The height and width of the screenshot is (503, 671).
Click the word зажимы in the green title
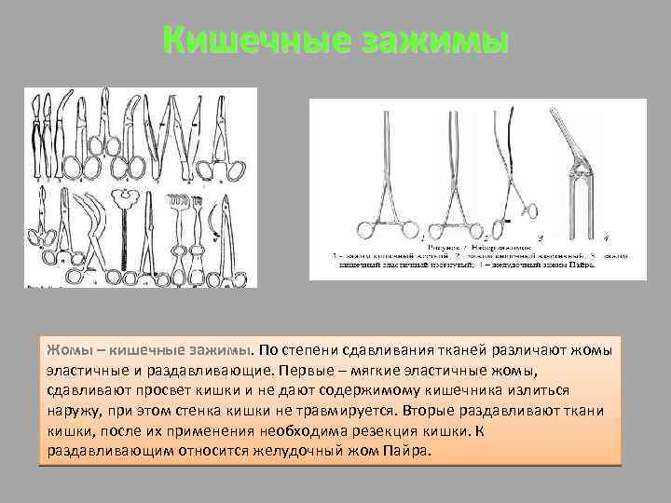coord(432,42)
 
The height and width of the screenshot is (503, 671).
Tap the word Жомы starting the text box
coord(69,350)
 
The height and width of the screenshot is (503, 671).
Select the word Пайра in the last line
coord(410,451)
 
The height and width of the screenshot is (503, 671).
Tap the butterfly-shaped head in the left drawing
coord(122,197)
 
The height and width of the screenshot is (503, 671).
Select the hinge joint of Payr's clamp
coord(580,170)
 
